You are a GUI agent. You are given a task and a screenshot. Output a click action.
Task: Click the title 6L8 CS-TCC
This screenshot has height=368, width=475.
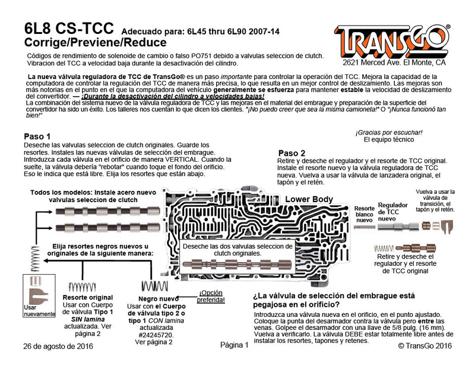pyautogui.click(x=69, y=30)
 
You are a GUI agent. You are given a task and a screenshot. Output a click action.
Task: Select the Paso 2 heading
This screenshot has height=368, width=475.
pyautogui.click(x=292, y=153)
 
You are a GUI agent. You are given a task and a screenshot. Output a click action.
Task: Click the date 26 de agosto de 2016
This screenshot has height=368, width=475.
pyautogui.click(x=58, y=345)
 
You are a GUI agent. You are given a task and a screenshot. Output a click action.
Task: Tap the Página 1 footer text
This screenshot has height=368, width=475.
pyautogui.click(x=233, y=345)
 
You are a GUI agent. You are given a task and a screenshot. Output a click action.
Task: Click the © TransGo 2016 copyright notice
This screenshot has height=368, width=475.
pyautogui.click(x=424, y=345)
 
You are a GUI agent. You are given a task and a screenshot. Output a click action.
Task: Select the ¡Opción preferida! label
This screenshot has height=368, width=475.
pyautogui.click(x=212, y=296)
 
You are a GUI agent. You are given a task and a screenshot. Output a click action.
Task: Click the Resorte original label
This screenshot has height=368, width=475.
pyautogui.click(x=88, y=297)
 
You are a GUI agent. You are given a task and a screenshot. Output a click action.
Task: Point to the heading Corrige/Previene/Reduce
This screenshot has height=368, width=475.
pyautogui.click(x=87, y=43)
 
